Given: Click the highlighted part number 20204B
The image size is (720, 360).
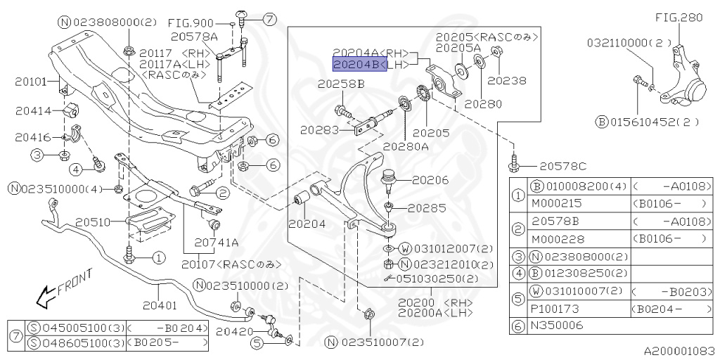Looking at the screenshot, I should pyautogui.click(x=359, y=65).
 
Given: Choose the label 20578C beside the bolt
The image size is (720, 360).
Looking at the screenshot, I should pyautogui.click(x=562, y=167).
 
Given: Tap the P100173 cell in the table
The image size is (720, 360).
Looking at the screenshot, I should pyautogui.click(x=553, y=309).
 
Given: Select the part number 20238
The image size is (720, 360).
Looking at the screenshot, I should pyautogui.click(x=510, y=81).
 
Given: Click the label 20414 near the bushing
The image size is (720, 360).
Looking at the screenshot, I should pyautogui.click(x=31, y=111).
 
